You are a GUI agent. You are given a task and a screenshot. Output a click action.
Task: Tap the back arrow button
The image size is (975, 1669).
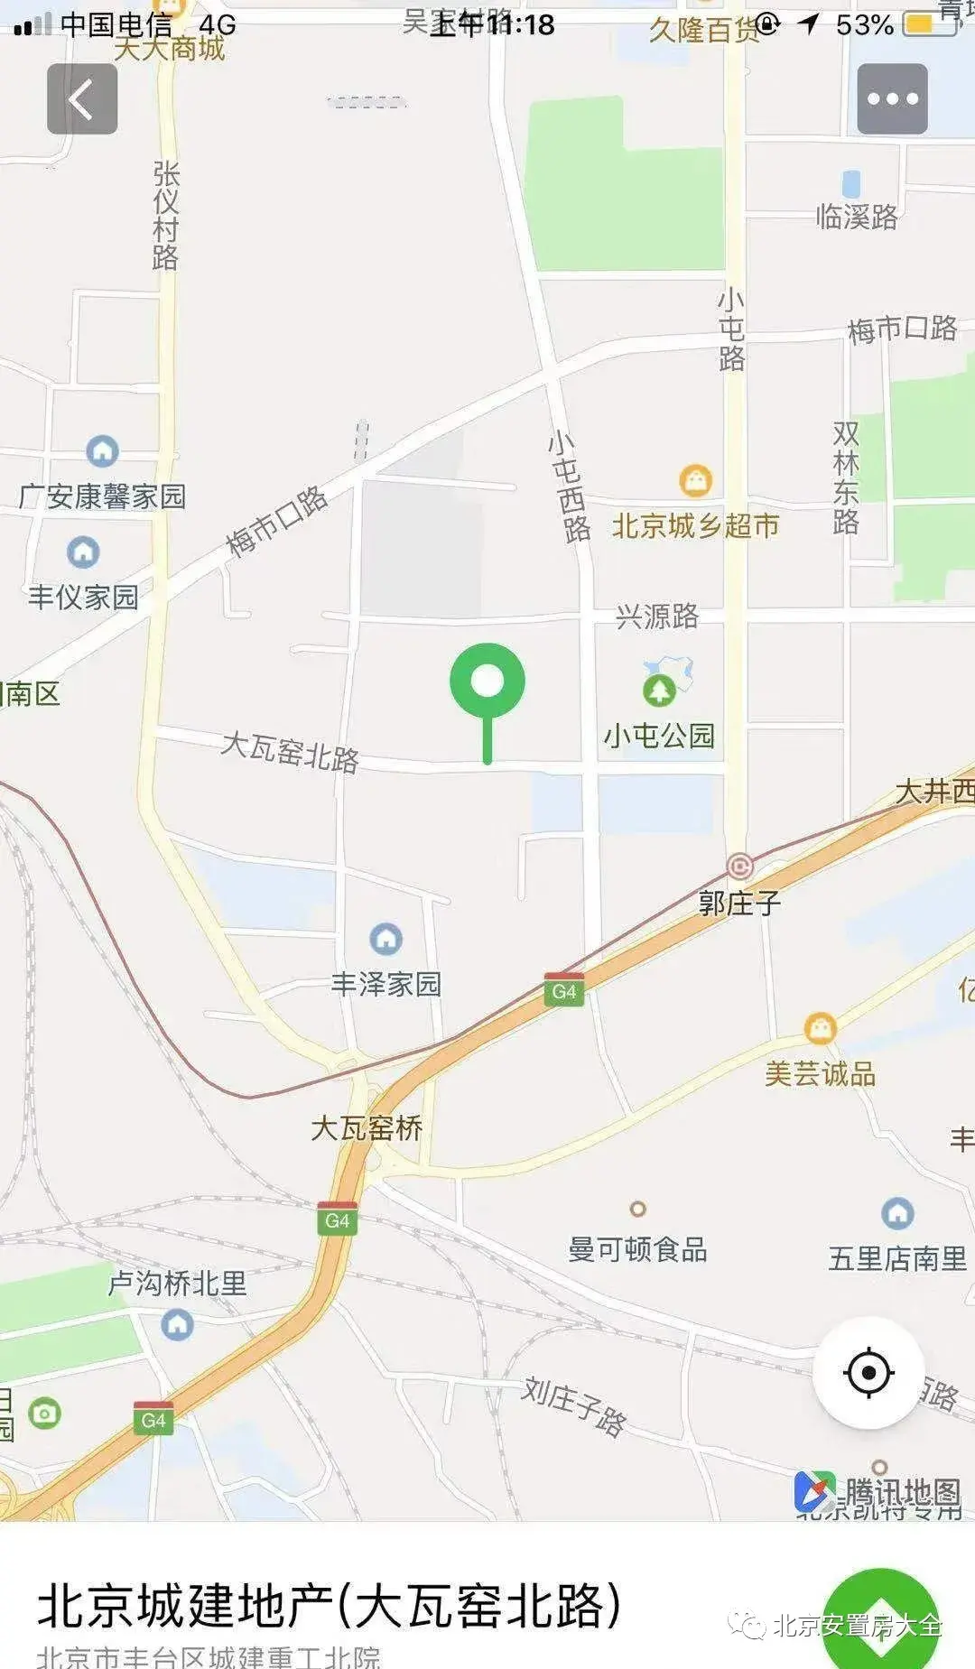(82, 99)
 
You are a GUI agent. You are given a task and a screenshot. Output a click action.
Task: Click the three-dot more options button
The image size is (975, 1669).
(892, 99)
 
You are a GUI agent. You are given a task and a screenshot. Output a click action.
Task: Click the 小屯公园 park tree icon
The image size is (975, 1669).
(660, 691)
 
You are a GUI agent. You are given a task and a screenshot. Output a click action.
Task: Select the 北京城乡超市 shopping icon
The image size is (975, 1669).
(695, 480)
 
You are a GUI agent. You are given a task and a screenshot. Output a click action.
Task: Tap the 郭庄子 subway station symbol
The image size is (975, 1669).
(739, 867)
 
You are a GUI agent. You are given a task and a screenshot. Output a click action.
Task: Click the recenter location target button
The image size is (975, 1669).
(868, 1373)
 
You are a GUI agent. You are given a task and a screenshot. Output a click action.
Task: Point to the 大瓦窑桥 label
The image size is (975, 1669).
(367, 1128)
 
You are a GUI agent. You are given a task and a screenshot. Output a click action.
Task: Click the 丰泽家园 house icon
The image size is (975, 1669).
(386, 939)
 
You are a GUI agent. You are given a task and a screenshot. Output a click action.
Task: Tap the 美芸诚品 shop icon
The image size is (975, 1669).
(820, 1028)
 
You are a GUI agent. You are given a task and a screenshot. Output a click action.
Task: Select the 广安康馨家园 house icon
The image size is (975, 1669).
(102, 450)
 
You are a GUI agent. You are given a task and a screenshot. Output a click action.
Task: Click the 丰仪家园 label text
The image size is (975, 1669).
(83, 597)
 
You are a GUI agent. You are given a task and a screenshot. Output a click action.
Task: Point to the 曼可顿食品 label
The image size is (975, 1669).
(637, 1249)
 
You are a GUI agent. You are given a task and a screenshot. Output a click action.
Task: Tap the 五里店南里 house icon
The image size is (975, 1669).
(897, 1213)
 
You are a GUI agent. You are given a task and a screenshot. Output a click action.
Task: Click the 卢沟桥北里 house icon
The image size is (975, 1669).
(177, 1325)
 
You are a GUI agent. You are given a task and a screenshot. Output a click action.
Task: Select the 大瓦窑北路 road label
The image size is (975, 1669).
(290, 751)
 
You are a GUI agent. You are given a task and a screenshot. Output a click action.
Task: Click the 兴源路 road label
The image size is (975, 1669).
(657, 617)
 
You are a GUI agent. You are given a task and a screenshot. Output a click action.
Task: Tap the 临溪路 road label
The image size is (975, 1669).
(857, 217)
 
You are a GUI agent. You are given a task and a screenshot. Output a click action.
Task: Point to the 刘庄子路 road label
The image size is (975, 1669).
(573, 1406)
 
